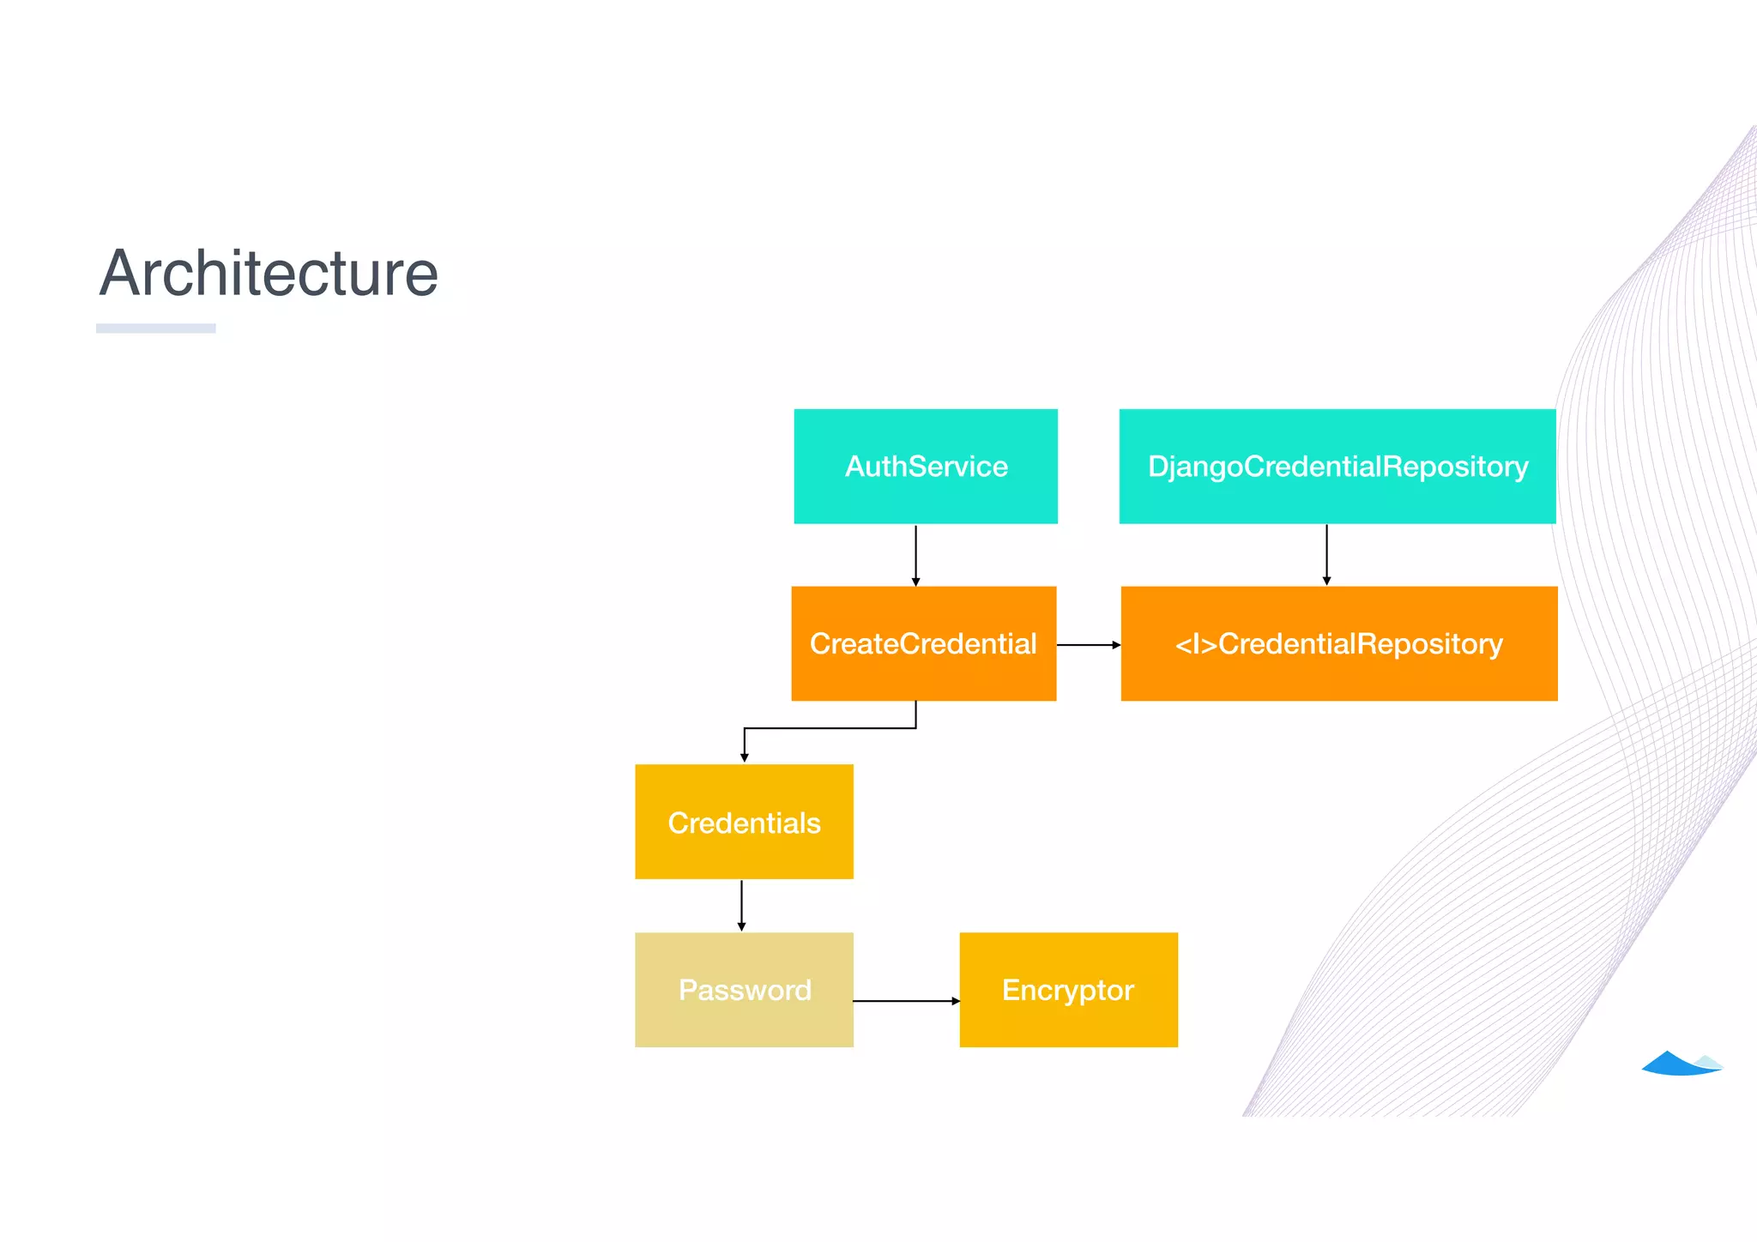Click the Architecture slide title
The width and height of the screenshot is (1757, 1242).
point(269,274)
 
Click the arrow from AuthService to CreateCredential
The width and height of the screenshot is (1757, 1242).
point(915,555)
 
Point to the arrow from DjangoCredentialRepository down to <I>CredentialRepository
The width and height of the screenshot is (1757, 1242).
point(1326,555)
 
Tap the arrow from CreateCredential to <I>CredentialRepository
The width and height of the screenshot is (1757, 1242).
point(1088,644)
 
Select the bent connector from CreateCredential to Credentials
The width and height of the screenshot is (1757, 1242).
point(830,728)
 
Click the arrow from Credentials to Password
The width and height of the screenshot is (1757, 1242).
point(741,906)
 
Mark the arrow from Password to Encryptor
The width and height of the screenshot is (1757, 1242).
point(906,1000)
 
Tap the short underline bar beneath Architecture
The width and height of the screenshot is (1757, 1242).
point(155,328)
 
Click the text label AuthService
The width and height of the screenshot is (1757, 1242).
point(927,467)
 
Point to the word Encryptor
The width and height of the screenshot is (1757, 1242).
point(1068,991)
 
